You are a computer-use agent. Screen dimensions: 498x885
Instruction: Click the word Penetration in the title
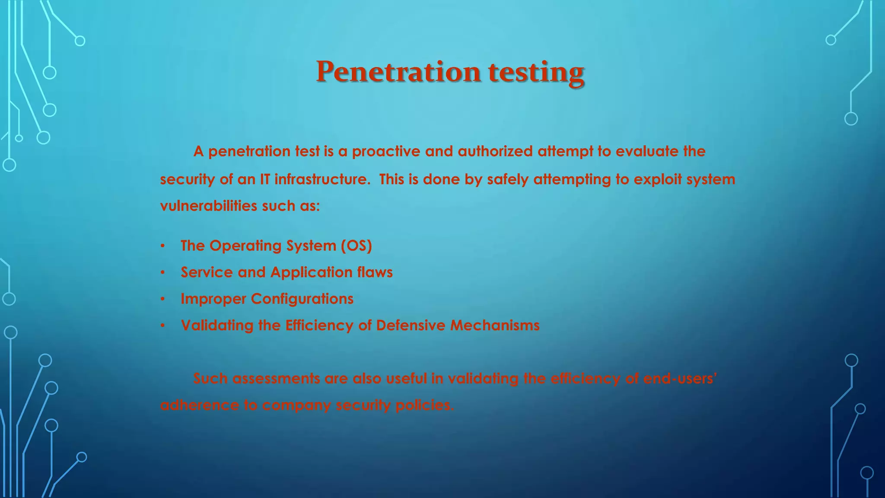398,72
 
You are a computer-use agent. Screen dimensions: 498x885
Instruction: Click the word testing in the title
536,72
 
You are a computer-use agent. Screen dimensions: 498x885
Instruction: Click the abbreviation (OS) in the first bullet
356,246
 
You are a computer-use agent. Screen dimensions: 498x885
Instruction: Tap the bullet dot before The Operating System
162,246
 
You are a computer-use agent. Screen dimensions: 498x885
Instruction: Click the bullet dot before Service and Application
162,273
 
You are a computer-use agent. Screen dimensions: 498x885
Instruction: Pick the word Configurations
302,299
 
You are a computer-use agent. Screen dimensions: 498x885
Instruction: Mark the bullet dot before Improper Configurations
162,300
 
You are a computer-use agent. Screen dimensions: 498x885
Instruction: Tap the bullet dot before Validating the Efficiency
162,326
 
